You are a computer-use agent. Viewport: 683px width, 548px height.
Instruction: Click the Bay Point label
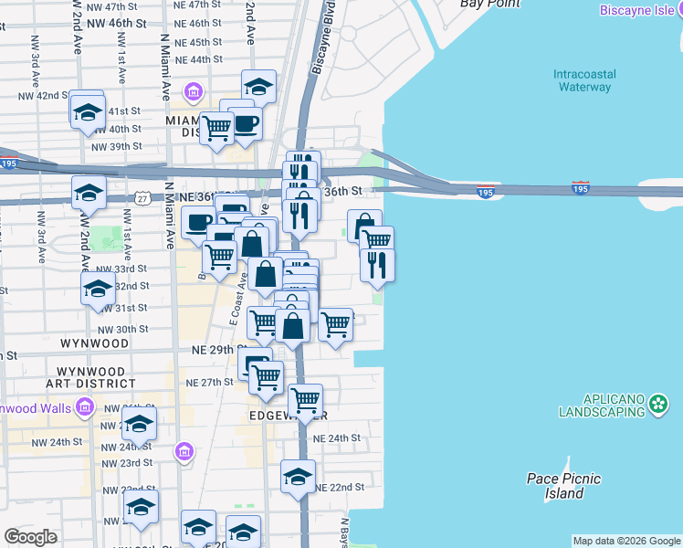[483, 4]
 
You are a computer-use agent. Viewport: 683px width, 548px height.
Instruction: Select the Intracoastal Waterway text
[584, 80]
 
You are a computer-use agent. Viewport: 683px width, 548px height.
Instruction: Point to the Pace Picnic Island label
[555, 485]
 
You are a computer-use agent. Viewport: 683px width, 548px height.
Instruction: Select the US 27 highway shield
[142, 197]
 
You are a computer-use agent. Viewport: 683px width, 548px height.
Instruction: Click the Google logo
[31, 537]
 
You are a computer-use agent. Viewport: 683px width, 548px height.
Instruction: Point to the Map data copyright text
[625, 541]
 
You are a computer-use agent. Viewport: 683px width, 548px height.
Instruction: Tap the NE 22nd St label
[340, 489]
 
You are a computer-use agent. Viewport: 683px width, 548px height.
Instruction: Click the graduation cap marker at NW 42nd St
[89, 111]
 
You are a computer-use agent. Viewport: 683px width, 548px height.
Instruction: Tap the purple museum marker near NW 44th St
[193, 92]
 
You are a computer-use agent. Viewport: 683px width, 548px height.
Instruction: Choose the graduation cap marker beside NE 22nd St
[298, 477]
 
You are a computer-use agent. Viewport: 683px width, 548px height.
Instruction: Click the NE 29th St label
[218, 350]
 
